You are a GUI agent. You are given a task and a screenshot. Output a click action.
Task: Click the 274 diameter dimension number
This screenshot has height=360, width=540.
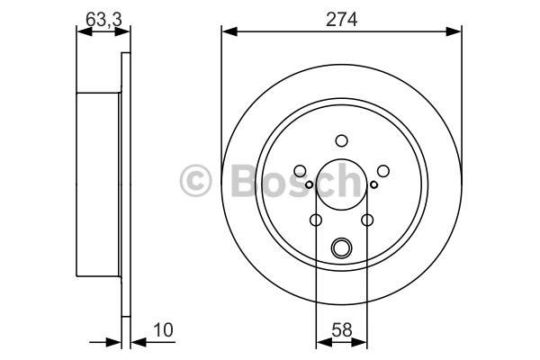[341, 19]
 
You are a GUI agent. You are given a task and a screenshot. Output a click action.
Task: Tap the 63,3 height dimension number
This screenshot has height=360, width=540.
[103, 19]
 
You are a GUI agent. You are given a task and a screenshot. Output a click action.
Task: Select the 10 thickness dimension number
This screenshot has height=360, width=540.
[163, 330]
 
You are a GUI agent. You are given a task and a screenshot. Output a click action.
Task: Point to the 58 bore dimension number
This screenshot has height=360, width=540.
[342, 330]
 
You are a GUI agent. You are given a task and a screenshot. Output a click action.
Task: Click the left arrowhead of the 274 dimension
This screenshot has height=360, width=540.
[229, 31]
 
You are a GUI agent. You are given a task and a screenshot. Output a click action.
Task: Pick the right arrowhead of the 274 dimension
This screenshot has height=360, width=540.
[454, 31]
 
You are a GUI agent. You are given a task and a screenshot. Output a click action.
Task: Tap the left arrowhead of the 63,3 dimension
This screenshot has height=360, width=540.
[85, 31]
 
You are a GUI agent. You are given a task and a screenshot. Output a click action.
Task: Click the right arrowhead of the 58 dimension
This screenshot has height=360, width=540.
[359, 342]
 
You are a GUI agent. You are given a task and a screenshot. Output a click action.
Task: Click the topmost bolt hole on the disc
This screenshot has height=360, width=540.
[342, 140]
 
